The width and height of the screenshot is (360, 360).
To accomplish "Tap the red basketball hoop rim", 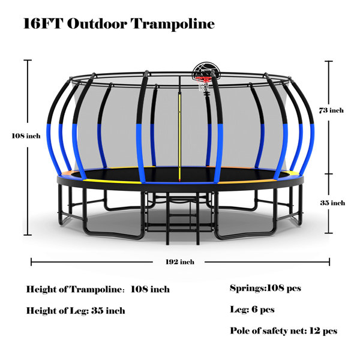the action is (x=203, y=79).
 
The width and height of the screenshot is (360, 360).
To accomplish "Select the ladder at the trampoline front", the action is (x=182, y=218).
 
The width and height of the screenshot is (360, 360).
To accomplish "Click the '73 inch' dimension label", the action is (x=331, y=110).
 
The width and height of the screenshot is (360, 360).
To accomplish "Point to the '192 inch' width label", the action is (x=180, y=262).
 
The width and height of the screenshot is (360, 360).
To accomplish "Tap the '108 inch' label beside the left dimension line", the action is (x=26, y=136).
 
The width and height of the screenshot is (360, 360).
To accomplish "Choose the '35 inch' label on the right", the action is (x=332, y=203).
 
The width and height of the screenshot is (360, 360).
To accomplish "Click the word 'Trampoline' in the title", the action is (x=173, y=24).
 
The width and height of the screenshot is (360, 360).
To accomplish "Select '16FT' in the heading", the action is (x=43, y=23).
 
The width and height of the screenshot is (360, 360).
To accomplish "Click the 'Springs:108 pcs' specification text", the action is (x=265, y=288).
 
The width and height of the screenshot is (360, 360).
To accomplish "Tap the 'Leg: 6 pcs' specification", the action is (x=253, y=309).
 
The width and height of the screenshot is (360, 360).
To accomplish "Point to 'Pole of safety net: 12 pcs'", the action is (x=284, y=331).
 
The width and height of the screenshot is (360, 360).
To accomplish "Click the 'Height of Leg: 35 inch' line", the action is (x=76, y=311).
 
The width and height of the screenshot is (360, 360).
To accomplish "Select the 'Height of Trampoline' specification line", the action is (x=98, y=289).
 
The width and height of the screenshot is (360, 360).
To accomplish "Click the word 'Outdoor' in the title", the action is (x=97, y=23).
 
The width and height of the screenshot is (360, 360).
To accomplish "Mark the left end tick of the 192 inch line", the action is (x=31, y=262).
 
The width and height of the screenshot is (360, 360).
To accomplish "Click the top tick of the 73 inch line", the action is (x=329, y=61).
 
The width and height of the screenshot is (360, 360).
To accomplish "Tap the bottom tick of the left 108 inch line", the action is (x=28, y=235).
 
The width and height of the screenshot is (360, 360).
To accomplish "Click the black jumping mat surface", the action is (x=179, y=174).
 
